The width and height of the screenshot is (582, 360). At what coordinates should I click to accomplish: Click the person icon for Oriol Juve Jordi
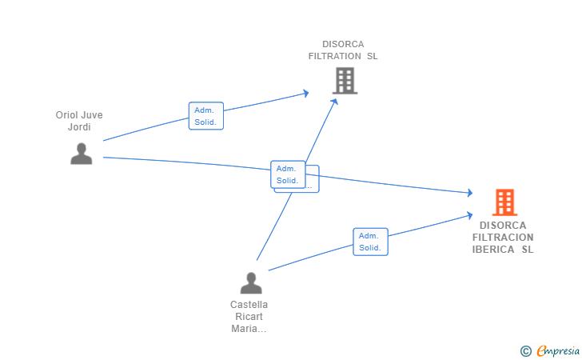click(x=82, y=154)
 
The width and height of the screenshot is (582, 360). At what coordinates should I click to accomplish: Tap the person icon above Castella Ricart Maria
click(x=251, y=282)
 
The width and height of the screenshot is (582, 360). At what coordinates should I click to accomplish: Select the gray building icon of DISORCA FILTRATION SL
click(x=345, y=81)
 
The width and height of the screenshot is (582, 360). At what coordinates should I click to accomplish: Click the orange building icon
click(x=504, y=202)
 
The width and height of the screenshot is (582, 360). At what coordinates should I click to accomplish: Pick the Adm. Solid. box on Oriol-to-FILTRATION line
click(x=206, y=116)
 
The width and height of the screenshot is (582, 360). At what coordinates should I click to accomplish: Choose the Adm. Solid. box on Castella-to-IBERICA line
click(x=370, y=242)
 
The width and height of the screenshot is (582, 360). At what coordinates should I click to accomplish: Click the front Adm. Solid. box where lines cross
click(x=288, y=174)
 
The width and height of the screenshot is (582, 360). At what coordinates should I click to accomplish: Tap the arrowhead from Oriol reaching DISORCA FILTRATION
click(x=306, y=94)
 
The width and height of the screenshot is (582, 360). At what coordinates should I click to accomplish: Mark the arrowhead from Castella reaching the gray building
click(x=334, y=102)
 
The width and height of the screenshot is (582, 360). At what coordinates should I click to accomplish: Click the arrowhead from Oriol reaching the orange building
click(x=470, y=193)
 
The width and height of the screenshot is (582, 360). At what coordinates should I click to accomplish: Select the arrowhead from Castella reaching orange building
click(x=469, y=215)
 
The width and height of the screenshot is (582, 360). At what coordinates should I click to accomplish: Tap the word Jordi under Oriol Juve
click(x=79, y=127)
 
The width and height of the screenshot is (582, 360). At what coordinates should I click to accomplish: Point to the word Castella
click(x=249, y=305)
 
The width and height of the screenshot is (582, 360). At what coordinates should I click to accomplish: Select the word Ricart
click(x=249, y=317)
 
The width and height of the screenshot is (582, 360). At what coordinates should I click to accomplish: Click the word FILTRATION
click(x=335, y=56)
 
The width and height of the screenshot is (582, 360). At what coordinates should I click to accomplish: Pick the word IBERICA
click(x=493, y=250)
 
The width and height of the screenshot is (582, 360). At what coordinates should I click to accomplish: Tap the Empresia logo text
click(x=558, y=350)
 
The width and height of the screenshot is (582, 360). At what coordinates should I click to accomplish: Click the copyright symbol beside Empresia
click(x=526, y=351)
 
